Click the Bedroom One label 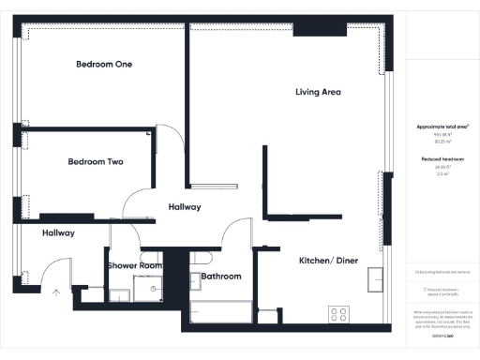tap(104, 65)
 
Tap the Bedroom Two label tap(96, 162)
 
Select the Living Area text tap(318, 92)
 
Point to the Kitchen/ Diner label tap(328, 260)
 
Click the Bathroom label tap(221, 277)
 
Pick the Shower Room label tap(135, 266)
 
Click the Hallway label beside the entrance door tap(57, 232)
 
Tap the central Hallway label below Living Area tap(184, 206)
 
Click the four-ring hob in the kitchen tap(338, 314)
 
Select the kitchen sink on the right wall tap(376, 277)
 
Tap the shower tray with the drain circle tap(146, 290)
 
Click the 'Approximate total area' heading tap(442, 126)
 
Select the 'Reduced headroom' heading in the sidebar tap(440, 159)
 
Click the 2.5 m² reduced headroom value tap(440, 174)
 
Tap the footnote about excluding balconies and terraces tap(442, 273)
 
